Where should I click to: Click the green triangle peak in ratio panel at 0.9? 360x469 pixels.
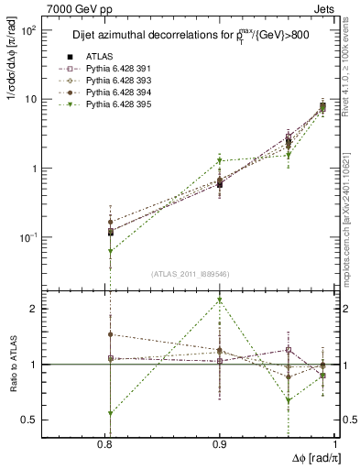pyautogui.click(x=219, y=300)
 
